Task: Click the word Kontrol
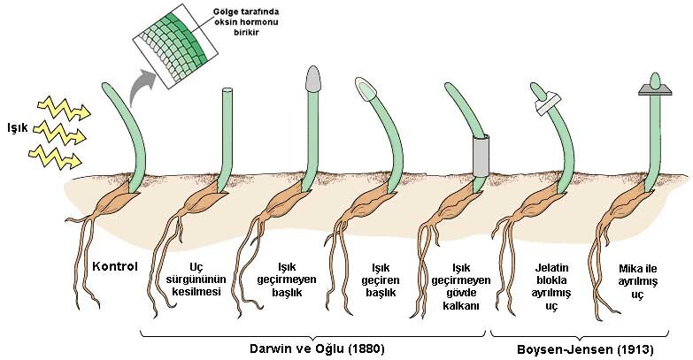[115, 266]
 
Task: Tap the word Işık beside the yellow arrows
[18, 128]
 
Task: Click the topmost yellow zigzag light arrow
[64, 109]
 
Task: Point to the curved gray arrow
[142, 86]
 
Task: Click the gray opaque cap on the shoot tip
[312, 79]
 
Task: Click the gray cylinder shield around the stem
[481, 156]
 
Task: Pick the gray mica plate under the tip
[655, 91]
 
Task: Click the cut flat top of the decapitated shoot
[227, 89]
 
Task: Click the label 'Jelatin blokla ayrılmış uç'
[551, 287]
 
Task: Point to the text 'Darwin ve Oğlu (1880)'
[317, 349]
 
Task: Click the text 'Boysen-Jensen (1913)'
[585, 350]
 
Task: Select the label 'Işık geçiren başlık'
[381, 280]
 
